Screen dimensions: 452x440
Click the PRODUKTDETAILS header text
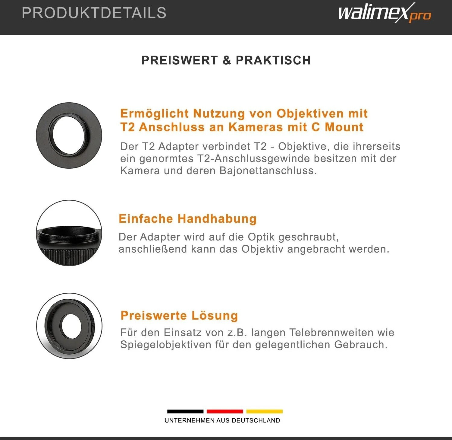click(94, 13)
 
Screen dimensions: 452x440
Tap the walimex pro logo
click(385, 13)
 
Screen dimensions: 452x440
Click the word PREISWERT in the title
click(180, 60)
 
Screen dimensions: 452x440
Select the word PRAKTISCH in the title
click(273, 60)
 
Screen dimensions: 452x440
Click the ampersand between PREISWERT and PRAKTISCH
click(227, 60)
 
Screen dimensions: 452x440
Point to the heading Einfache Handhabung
click(187, 219)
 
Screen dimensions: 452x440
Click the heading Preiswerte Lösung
click(179, 315)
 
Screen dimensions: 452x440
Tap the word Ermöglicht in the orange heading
click(154, 113)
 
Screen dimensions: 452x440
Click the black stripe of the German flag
click(185, 411)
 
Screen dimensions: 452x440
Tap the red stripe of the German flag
click(225, 411)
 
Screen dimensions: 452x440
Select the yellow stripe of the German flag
click(265, 411)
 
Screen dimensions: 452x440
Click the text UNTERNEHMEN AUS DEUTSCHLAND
click(222, 420)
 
